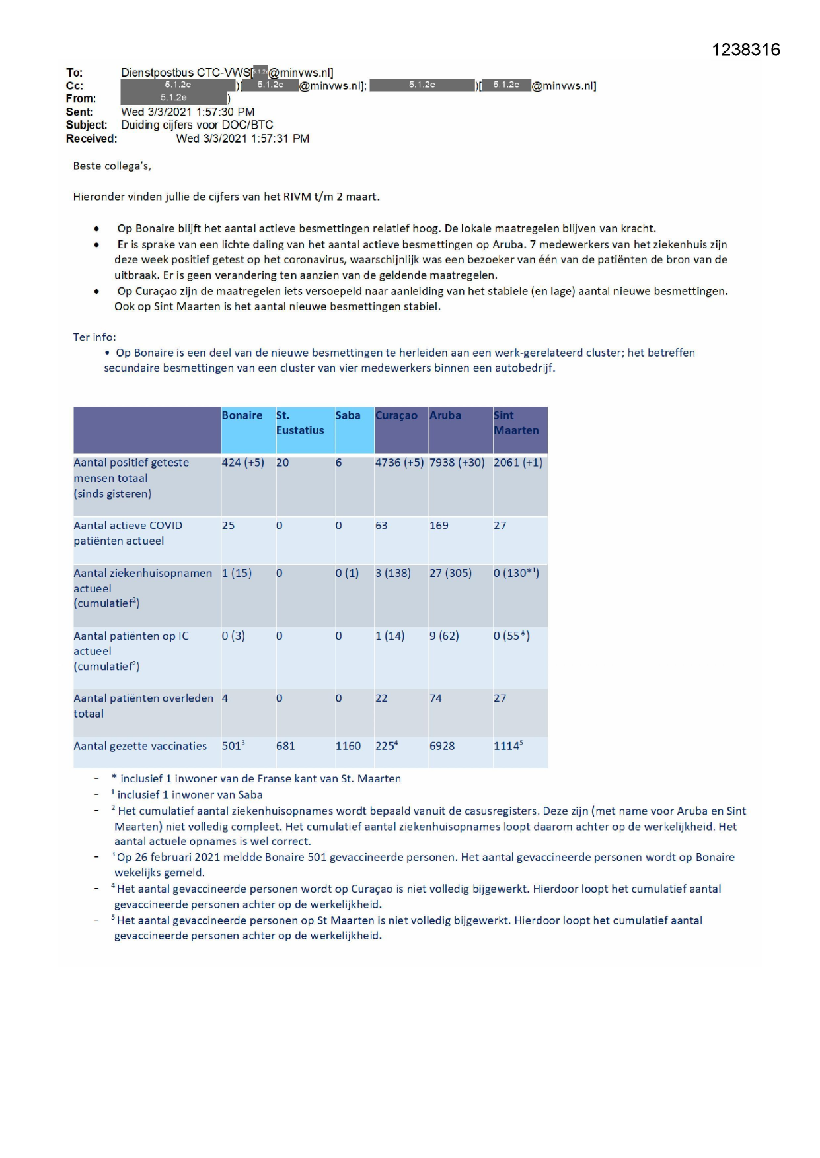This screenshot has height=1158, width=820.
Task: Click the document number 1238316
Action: (745, 50)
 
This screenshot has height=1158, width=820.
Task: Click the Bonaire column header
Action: (242, 415)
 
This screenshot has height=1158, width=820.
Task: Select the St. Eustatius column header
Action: (299, 423)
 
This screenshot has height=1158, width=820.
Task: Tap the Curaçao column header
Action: (396, 415)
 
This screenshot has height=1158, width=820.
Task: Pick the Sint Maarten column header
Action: (516, 423)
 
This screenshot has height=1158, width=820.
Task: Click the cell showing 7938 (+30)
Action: (457, 463)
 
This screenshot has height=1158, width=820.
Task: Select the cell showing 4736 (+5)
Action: (399, 463)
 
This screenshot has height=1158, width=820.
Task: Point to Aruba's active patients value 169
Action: (439, 526)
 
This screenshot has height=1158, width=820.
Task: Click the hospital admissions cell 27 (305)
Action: (450, 573)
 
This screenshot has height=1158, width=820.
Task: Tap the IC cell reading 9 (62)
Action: (443, 636)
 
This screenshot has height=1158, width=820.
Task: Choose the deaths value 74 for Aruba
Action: (435, 698)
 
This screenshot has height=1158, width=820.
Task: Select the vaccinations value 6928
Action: (442, 746)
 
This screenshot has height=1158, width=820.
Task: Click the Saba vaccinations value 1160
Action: (348, 746)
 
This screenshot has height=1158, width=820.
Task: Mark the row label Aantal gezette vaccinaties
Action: (140, 746)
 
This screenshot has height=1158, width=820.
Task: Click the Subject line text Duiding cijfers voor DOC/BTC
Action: (197, 125)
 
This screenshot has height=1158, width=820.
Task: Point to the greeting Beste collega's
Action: (112, 166)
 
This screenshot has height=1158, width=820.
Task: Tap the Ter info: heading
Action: (94, 337)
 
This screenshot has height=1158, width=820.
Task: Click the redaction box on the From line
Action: (174, 98)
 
